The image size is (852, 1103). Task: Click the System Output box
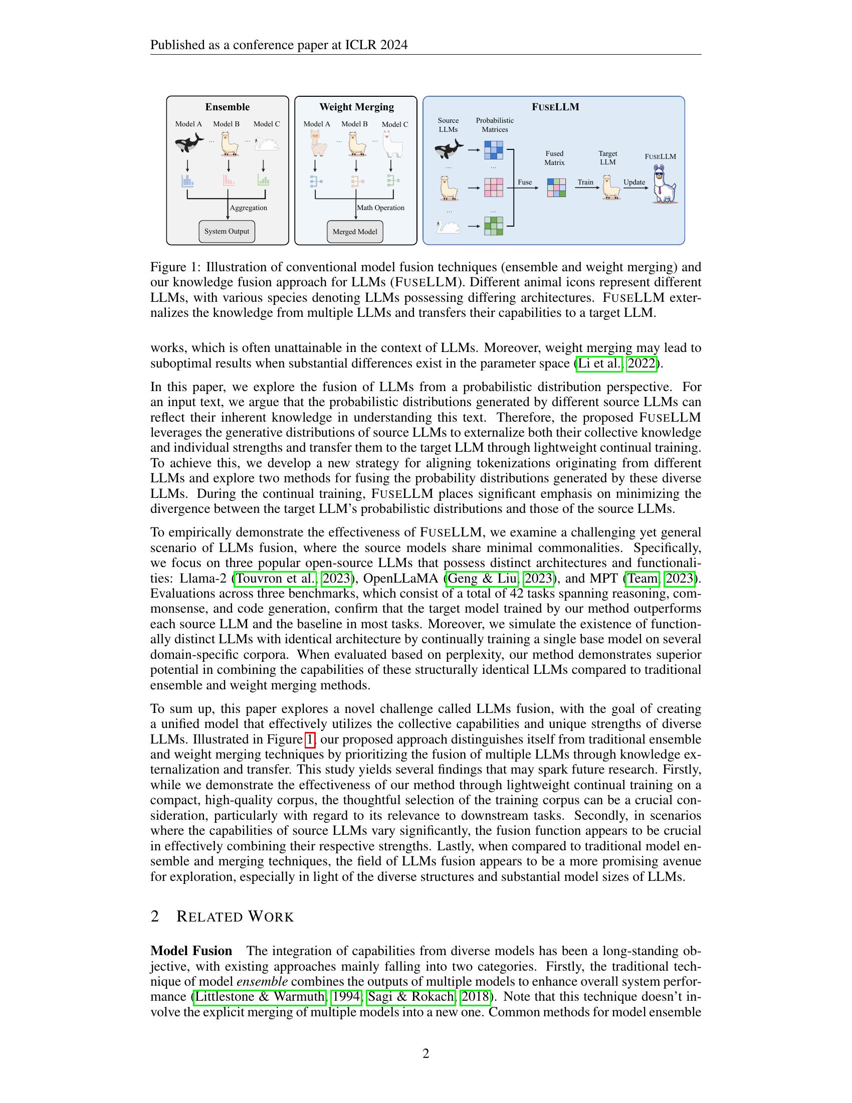[227, 231]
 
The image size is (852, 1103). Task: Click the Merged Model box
[355, 232]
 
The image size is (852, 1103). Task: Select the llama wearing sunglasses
[664, 185]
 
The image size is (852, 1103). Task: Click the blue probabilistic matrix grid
[494, 150]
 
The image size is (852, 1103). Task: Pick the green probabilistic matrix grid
[494, 226]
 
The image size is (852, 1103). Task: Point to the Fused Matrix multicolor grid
[556, 188]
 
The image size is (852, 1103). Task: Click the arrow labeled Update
[634, 188]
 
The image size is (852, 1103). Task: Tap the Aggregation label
[248, 208]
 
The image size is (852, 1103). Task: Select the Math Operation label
[380, 208]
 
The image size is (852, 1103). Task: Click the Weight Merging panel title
[356, 107]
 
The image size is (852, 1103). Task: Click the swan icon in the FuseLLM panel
[448, 226]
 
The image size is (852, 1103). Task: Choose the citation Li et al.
[599, 363]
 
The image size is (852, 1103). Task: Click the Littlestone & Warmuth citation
[260, 996]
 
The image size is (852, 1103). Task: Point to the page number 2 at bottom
[425, 1053]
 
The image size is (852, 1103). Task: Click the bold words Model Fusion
[191, 951]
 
